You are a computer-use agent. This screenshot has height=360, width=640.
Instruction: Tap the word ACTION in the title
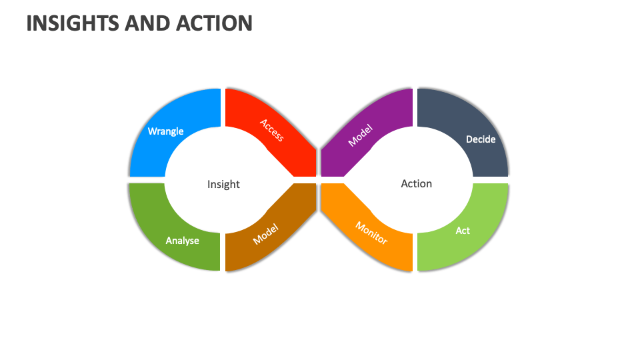pyautogui.click(x=214, y=23)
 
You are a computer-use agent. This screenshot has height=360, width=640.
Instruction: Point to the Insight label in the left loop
pyautogui.click(x=223, y=184)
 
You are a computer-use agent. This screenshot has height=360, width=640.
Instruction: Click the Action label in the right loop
pyautogui.click(x=416, y=183)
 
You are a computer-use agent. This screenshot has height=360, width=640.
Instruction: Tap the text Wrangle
pyautogui.click(x=165, y=131)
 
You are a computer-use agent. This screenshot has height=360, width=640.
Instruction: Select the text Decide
pyautogui.click(x=480, y=139)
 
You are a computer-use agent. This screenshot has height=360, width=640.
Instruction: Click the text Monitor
pyautogui.click(x=371, y=232)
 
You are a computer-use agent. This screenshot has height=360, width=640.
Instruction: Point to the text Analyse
pyautogui.click(x=182, y=240)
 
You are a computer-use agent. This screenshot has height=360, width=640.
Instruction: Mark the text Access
pyautogui.click(x=271, y=130)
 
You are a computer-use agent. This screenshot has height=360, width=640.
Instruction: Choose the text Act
pyautogui.click(x=463, y=231)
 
